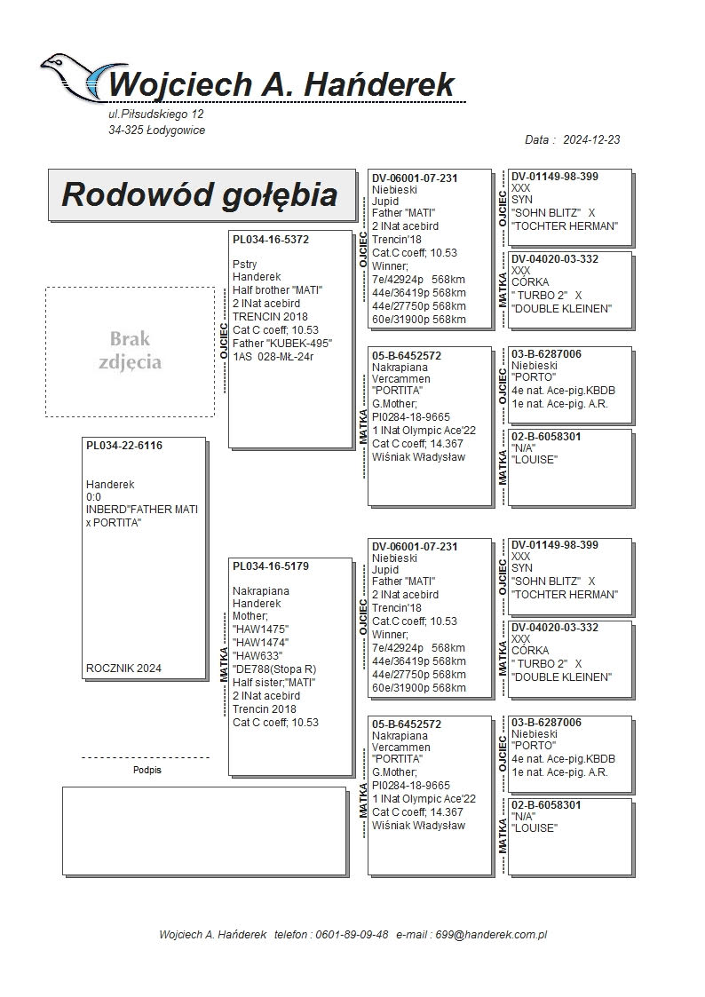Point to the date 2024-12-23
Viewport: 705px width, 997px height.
(x=591, y=140)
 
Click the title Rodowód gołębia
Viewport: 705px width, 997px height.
(x=199, y=194)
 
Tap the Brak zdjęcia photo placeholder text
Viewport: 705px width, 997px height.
(x=131, y=351)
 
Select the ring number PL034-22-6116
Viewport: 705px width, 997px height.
(x=124, y=445)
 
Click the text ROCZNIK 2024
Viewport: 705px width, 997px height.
(x=123, y=669)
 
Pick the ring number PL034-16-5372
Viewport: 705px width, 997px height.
(x=271, y=239)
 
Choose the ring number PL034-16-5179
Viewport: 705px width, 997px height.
(x=271, y=566)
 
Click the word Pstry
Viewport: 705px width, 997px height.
(x=245, y=265)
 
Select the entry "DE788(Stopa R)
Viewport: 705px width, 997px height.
(x=274, y=669)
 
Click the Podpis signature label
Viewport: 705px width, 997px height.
(x=147, y=771)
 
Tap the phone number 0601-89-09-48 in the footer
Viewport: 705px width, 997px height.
(x=347, y=935)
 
